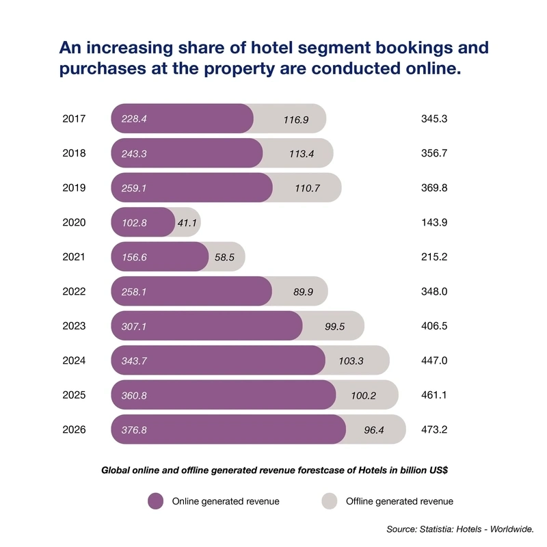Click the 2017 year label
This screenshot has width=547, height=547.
[74, 118]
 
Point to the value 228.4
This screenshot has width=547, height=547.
[134, 119]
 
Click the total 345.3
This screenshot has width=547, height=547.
[434, 118]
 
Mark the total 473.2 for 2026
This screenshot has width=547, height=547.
[434, 430]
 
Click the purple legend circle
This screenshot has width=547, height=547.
[156, 501]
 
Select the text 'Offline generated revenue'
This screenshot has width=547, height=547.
[399, 501]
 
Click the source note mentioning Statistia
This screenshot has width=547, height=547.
[459, 529]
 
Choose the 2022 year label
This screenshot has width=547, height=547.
[74, 291]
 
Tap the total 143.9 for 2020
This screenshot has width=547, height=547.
[434, 222]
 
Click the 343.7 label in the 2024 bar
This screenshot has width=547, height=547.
[134, 361]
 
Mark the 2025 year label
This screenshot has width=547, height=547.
[74, 395]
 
